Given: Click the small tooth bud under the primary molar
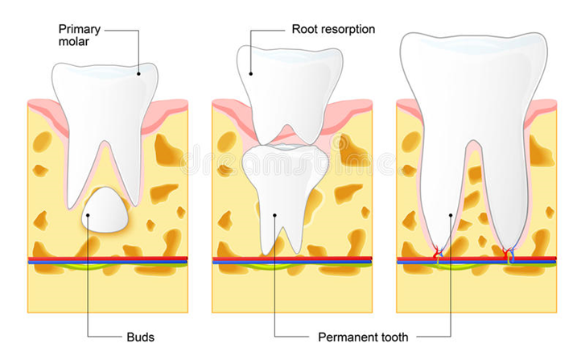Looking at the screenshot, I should pyautogui.click(x=107, y=212).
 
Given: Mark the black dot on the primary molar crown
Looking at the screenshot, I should pyautogui.click(x=138, y=73).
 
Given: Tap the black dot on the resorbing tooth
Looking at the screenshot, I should pyautogui.click(x=250, y=74).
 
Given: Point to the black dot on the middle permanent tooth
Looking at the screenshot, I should pyautogui.click(x=274, y=214).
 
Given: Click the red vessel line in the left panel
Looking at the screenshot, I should pyautogui.click(x=108, y=259).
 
